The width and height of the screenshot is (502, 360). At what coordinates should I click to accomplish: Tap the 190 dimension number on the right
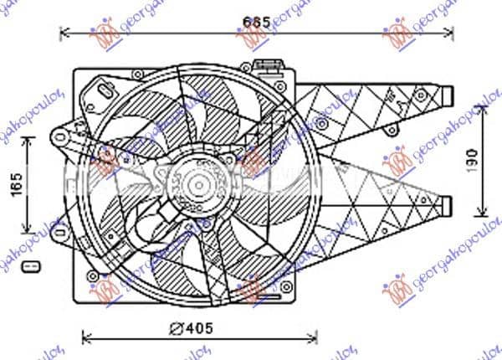(473, 157)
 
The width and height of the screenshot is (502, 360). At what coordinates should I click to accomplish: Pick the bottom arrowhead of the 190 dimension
(485, 209)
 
